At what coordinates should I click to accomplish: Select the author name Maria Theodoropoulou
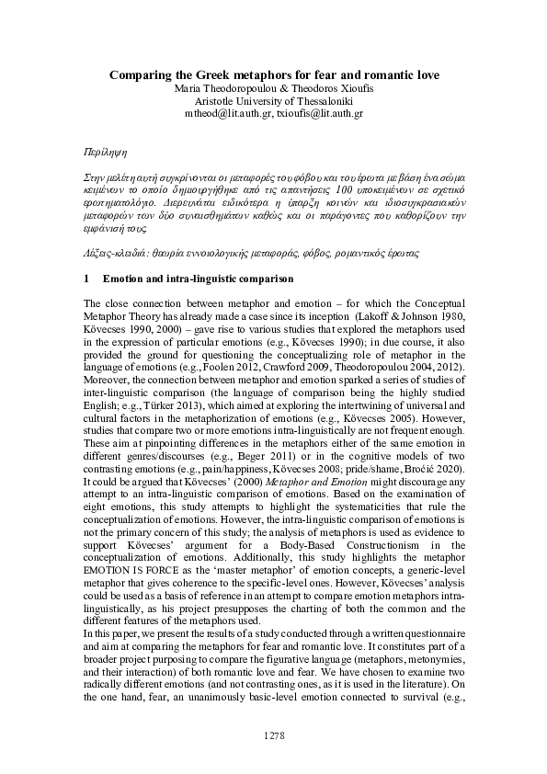(x=215, y=88)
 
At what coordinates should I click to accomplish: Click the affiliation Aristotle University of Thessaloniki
(x=273, y=101)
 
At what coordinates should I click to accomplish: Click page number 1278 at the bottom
(x=273, y=735)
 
